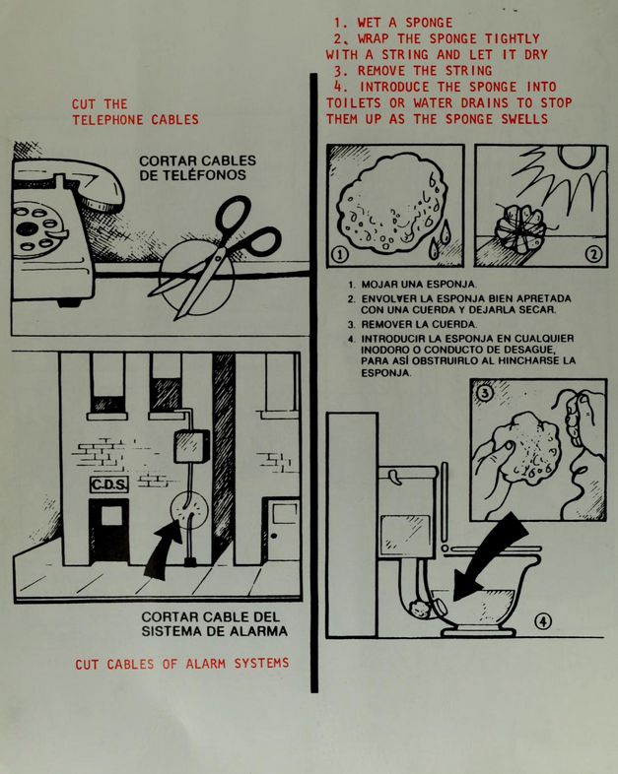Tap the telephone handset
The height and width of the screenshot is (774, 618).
[x=69, y=182]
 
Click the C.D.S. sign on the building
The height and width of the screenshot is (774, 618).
[x=109, y=484]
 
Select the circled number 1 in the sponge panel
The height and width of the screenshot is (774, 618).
[x=340, y=255]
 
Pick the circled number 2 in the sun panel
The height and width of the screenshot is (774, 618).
[x=593, y=254]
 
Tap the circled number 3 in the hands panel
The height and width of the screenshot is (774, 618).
[x=486, y=393]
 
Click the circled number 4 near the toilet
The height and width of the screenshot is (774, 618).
[x=543, y=621]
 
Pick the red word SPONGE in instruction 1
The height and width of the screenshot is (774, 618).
[x=429, y=23]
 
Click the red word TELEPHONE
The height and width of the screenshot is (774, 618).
[x=107, y=120]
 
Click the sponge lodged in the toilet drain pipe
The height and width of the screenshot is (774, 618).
[x=418, y=609]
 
